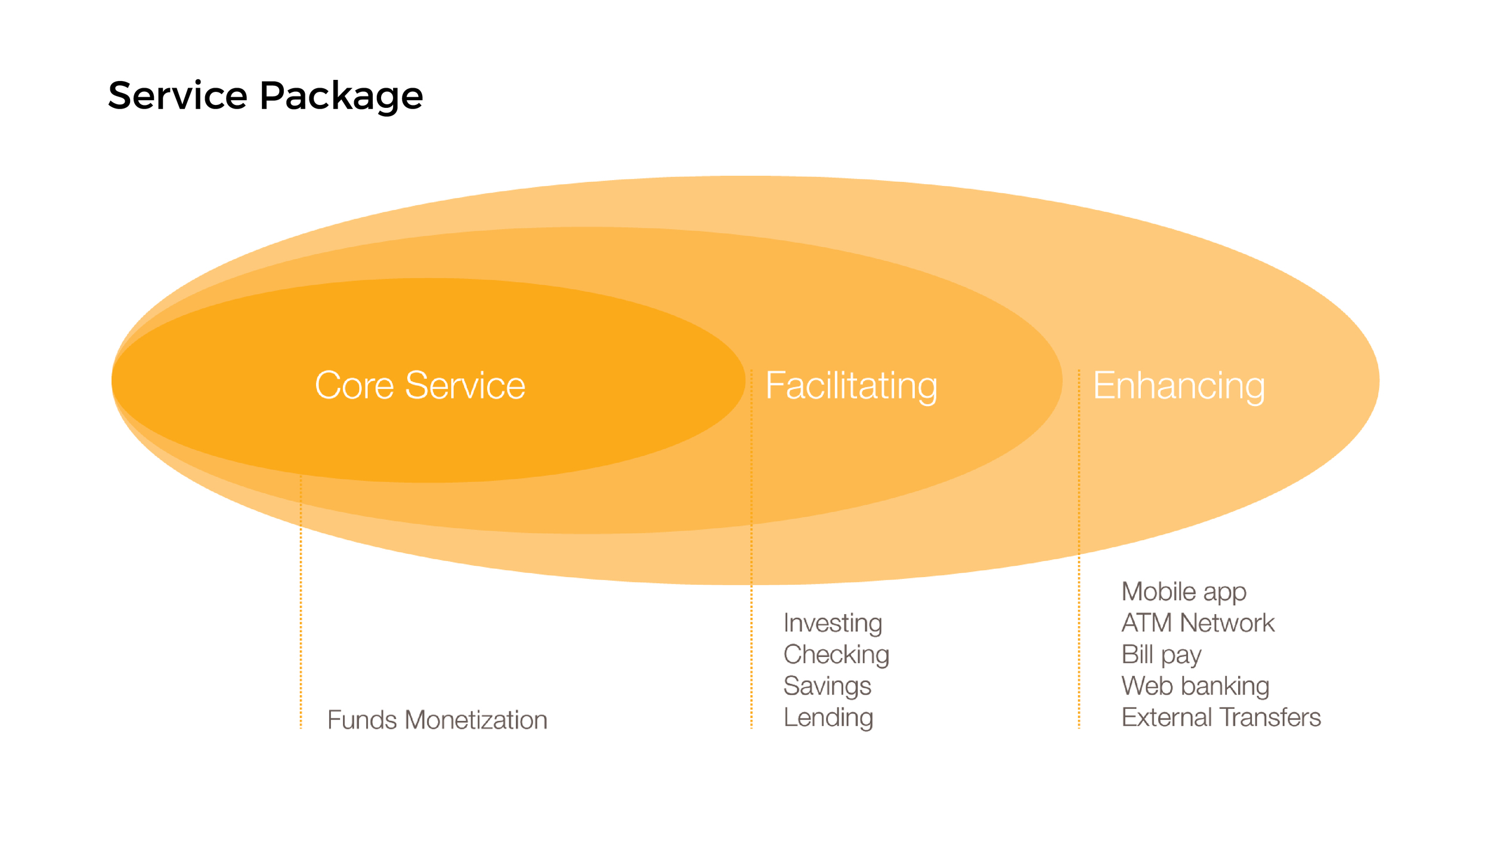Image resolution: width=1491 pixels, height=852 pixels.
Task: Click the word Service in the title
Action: tap(177, 95)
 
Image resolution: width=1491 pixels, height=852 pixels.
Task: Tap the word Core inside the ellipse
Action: tap(354, 385)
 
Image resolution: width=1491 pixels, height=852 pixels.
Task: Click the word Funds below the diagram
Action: tap(362, 720)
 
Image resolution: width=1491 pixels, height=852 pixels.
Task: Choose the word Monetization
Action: tap(476, 720)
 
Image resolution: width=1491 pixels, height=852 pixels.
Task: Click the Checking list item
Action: tap(836, 655)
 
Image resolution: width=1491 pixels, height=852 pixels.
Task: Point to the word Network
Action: tap(1227, 623)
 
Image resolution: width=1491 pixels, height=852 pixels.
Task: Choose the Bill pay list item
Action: tap(1161, 655)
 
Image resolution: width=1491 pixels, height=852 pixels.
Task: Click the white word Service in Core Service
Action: tap(465, 385)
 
